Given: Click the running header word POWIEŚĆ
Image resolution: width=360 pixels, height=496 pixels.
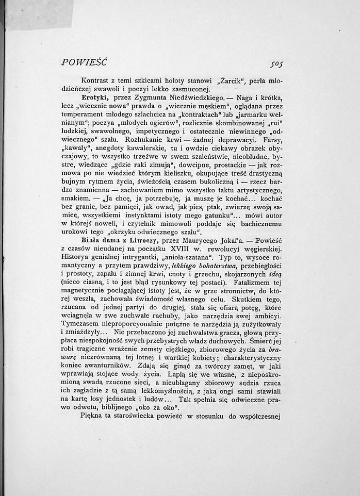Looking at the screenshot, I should pyautogui.click(x=83, y=63).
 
